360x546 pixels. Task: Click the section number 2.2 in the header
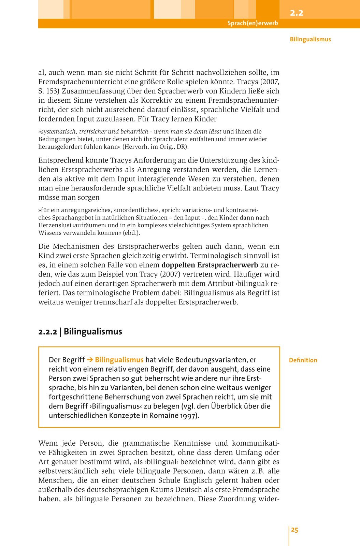[x=296, y=13]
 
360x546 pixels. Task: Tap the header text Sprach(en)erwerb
[x=253, y=23]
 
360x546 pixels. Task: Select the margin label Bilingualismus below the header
[x=310, y=39]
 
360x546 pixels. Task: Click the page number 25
[x=294, y=530]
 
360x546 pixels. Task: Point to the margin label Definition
[x=303, y=360]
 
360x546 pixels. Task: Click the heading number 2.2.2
[x=47, y=332]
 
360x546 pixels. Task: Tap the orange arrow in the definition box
[x=90, y=360]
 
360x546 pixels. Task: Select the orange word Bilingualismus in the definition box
[x=119, y=360]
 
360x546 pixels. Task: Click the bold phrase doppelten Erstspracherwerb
[x=210, y=265]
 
